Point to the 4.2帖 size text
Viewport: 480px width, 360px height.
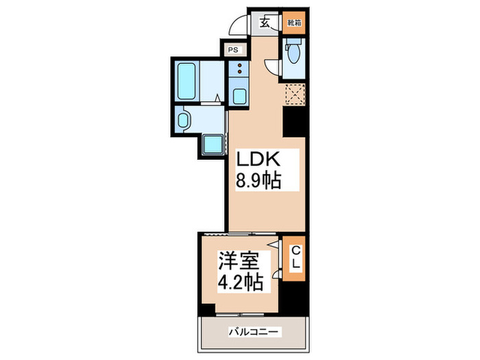coord(241,283)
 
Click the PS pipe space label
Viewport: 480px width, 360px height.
coord(233,49)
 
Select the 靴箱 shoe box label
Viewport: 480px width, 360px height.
coord(293,23)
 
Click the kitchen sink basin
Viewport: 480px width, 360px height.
coord(239,95)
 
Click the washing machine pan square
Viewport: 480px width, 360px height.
coord(213,145)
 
